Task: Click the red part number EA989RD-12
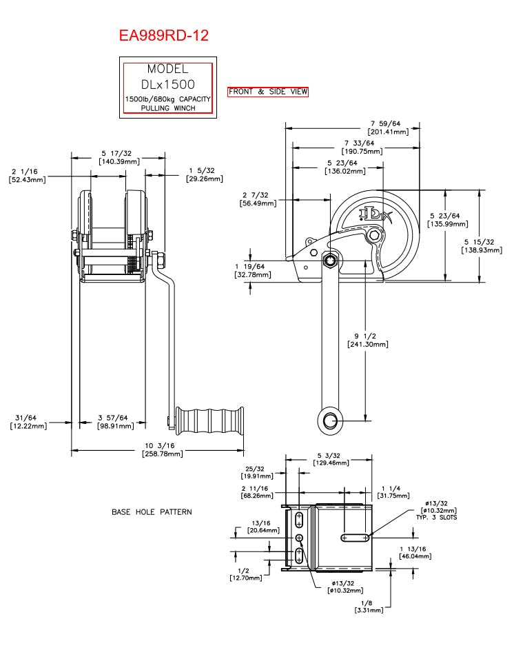coord(164,35)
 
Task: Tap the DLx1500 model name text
coord(168,85)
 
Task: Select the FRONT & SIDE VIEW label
coord(268,92)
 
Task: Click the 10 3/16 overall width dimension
coord(162,449)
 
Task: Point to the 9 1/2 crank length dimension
coord(368,340)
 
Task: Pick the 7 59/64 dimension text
coord(388,128)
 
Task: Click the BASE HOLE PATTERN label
coord(152,512)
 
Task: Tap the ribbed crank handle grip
coord(209,422)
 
